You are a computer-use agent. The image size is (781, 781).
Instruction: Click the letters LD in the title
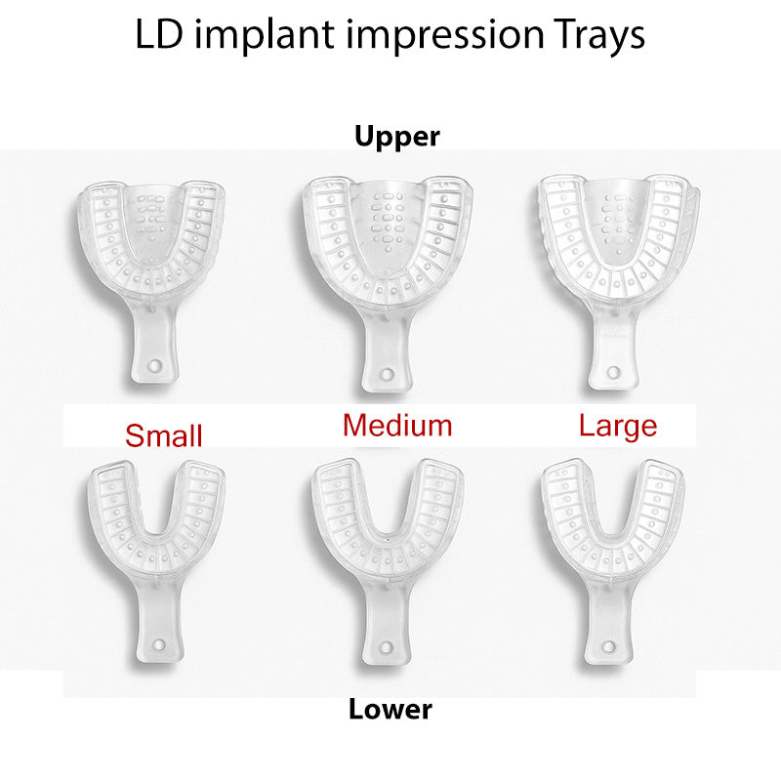158,35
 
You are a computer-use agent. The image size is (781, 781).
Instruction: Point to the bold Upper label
397,137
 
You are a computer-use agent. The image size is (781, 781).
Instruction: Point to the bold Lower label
390,709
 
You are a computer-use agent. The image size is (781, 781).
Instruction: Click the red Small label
164,435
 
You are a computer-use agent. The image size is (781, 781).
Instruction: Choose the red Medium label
397,425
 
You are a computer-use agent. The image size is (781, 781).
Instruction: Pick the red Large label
618,426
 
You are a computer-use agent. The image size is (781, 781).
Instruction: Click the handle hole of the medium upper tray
388,376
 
